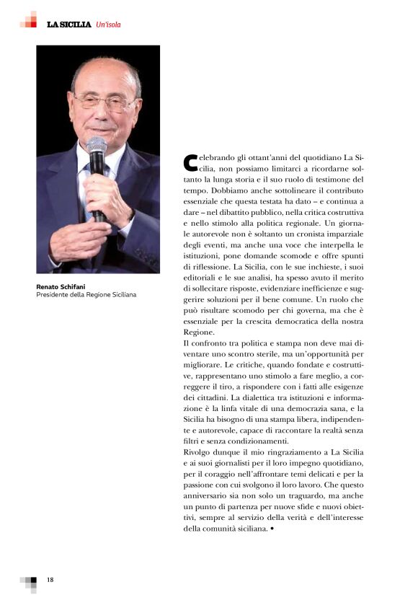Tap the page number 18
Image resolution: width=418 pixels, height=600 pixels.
[50, 580]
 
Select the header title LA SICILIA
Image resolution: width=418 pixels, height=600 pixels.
[68, 25]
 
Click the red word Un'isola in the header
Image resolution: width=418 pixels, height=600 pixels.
[107, 25]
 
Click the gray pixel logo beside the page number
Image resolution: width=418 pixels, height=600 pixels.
[28, 582]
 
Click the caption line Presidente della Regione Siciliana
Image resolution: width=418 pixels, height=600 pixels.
[86, 294]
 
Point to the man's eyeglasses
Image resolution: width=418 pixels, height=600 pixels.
[104, 102]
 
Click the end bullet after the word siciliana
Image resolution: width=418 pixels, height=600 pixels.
[272, 529]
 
